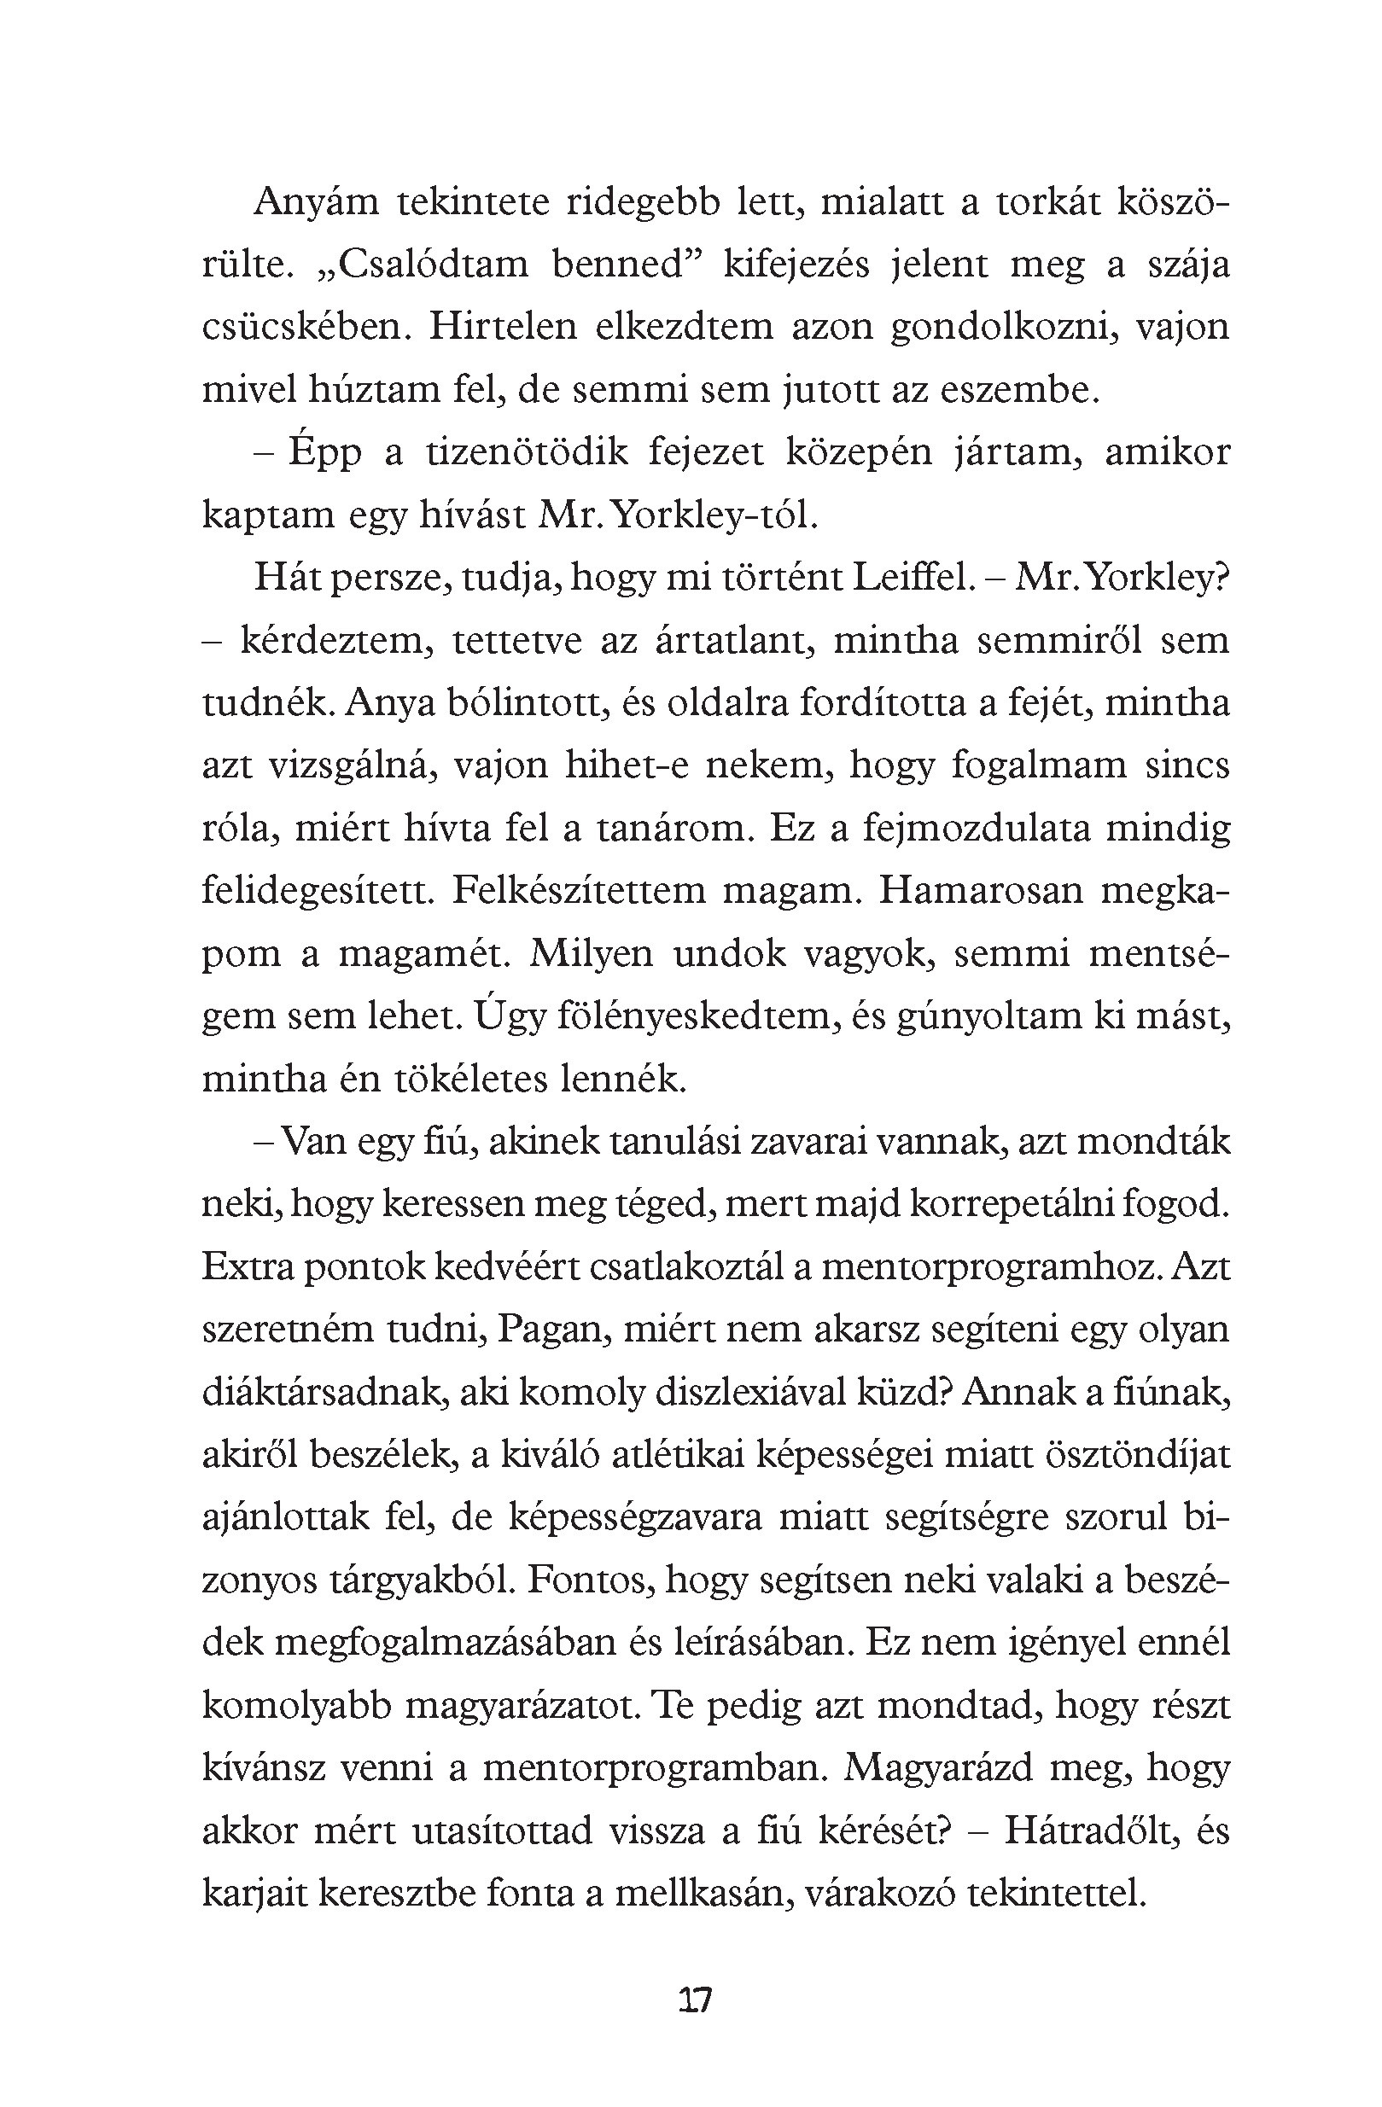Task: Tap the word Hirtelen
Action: point(502,328)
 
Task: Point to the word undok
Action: point(730,954)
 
